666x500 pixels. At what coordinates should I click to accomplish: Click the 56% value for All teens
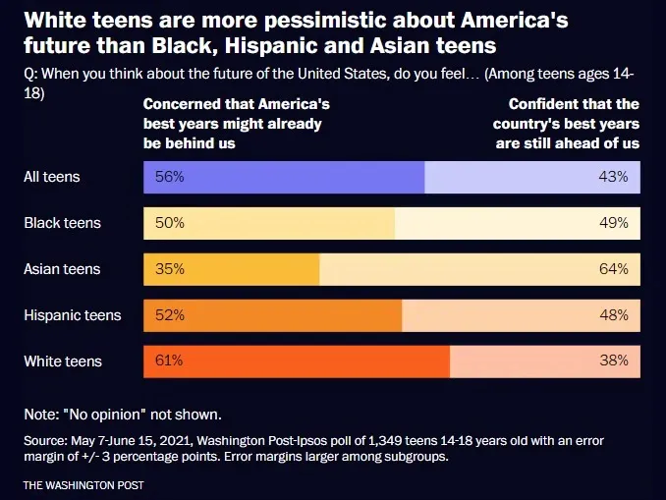tap(168, 178)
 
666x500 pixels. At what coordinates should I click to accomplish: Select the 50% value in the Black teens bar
tap(168, 223)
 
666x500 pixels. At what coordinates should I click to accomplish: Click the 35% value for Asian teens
tap(168, 269)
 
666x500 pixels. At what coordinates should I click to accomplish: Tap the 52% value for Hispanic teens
tap(168, 315)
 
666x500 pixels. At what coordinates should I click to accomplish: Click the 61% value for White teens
tap(168, 361)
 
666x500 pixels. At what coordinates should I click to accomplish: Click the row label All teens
tap(52, 178)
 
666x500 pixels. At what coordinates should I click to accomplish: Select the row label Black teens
tap(62, 223)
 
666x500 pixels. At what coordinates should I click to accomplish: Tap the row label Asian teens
tap(62, 269)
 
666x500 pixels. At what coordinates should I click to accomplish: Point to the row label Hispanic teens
tap(73, 315)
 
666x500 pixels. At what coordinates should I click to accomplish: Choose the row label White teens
tap(63, 361)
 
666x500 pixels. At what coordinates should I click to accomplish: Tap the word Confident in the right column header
tap(543, 104)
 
